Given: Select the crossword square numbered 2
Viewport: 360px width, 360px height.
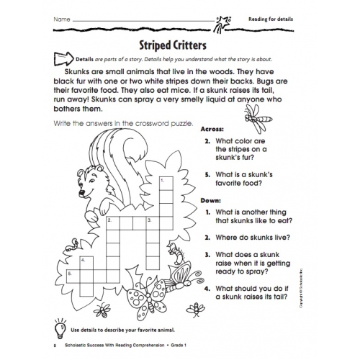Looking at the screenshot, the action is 113,221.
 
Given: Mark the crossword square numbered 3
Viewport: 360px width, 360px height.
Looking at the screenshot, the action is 152,221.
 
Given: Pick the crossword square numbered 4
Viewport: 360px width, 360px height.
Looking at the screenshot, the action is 87,261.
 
